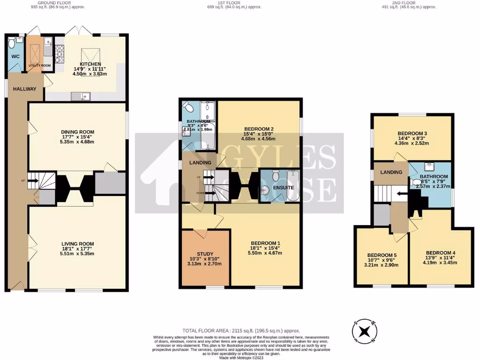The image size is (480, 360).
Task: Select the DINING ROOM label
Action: pyautogui.click(x=78, y=132)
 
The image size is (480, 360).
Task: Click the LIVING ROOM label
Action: pyautogui.click(x=77, y=244)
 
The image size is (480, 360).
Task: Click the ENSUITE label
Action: pyautogui.click(x=283, y=187)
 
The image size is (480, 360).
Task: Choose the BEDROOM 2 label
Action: pyautogui.click(x=258, y=129)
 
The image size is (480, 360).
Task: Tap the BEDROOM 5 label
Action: pyautogui.click(x=382, y=256)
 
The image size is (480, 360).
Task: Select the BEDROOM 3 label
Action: pyautogui.click(x=412, y=133)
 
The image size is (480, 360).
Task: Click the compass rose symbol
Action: pyautogui.click(x=364, y=331)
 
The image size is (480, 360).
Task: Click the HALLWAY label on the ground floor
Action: pyautogui.click(x=24, y=89)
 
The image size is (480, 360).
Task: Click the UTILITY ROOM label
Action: pyautogui.click(x=39, y=65)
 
